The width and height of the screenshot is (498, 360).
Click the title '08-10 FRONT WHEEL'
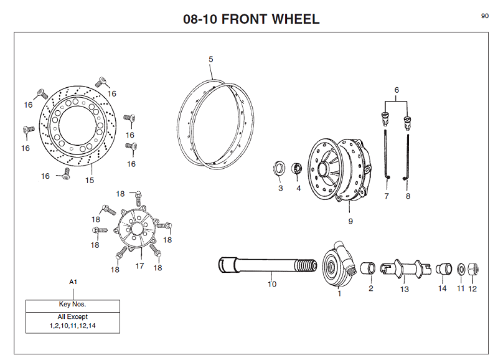[251, 19]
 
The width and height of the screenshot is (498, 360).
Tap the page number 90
[484, 16]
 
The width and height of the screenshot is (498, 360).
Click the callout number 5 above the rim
[211, 59]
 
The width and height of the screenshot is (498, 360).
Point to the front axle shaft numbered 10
[261, 266]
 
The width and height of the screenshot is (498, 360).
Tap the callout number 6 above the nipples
[397, 90]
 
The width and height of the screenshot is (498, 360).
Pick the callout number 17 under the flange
[139, 266]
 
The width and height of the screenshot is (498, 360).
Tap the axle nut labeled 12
[472, 268]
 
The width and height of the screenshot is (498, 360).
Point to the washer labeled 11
[461, 269]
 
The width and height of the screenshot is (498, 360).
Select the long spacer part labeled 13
[405, 269]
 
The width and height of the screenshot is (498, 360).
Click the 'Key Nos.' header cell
[72, 305]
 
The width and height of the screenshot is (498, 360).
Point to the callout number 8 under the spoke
[408, 196]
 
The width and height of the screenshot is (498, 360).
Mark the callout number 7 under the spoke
[387, 196]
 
